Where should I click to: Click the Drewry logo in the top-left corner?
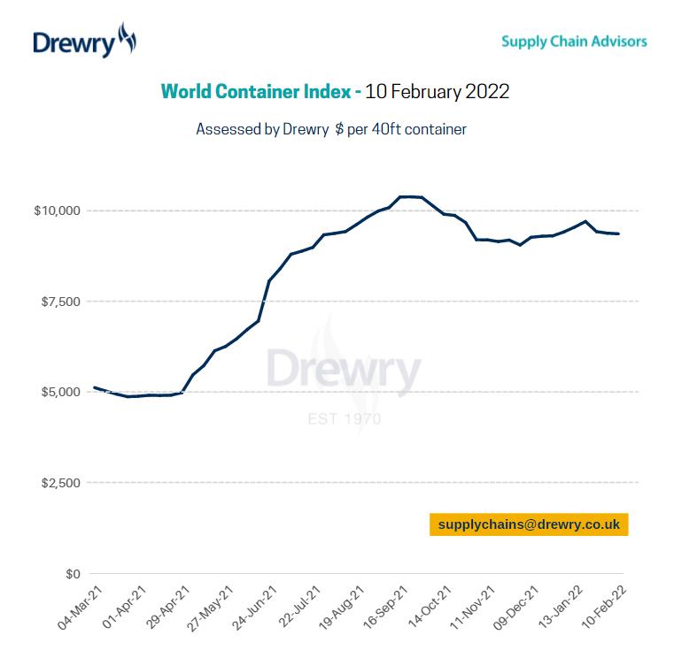pos(84,42)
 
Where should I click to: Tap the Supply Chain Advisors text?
pos(573,41)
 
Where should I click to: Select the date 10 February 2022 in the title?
pos(438,91)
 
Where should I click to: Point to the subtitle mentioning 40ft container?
pos(331,129)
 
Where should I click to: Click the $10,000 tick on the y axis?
pos(57,210)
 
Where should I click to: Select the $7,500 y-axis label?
pos(60,302)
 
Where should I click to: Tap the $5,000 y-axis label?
pos(60,392)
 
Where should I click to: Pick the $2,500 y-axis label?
pos(60,483)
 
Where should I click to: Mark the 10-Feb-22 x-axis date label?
pos(606,608)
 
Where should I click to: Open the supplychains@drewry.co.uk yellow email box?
pos(529,524)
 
